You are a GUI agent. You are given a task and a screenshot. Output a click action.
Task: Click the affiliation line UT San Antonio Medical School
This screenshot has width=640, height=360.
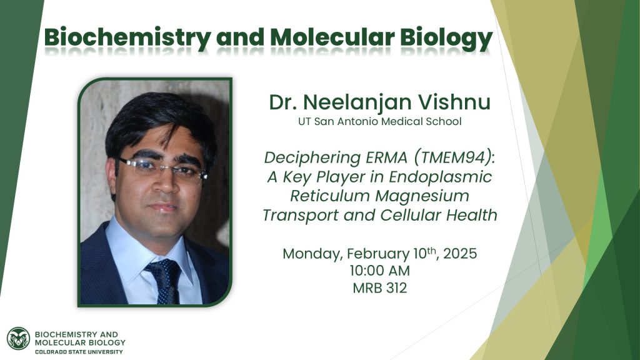click(379, 121)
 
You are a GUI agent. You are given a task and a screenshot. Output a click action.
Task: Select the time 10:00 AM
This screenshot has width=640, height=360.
click(379, 271)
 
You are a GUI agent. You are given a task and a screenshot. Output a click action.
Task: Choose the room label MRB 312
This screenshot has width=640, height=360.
click(379, 288)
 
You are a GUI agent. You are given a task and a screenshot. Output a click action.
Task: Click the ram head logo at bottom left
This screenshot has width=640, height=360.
click(18, 338)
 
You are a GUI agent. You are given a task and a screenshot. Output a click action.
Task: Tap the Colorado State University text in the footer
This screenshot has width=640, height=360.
click(79, 351)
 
